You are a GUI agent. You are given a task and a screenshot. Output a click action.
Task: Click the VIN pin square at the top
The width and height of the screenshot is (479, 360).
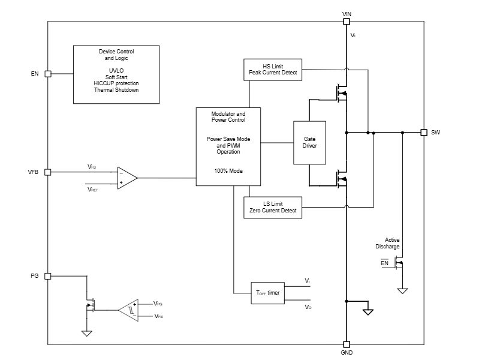click(x=346, y=22)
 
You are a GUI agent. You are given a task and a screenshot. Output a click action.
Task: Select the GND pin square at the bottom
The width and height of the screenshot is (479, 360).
click(x=346, y=344)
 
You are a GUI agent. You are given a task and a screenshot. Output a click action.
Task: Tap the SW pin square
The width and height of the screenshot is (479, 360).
click(x=423, y=132)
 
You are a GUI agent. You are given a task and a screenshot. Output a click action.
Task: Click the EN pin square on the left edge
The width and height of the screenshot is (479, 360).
click(x=48, y=74)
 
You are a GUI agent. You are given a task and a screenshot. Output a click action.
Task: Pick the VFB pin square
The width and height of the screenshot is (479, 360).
click(x=48, y=172)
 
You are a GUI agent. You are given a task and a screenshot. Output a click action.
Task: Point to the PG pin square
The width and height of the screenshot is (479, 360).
click(x=48, y=276)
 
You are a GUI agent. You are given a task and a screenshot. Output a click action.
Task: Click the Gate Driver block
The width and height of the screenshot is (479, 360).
click(x=310, y=143)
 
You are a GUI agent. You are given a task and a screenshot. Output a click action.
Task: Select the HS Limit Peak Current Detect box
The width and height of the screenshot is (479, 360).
click(x=273, y=70)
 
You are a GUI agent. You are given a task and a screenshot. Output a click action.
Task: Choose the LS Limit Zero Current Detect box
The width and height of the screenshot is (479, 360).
click(x=273, y=207)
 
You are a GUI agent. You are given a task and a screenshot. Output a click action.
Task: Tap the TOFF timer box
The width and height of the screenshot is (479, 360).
click(x=268, y=293)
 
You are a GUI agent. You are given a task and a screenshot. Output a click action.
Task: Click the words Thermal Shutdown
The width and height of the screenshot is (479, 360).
click(x=116, y=90)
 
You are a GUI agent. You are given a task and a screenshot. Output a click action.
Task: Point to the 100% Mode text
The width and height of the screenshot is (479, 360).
click(x=228, y=171)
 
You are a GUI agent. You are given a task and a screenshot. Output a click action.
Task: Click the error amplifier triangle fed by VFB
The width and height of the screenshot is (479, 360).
click(x=126, y=178)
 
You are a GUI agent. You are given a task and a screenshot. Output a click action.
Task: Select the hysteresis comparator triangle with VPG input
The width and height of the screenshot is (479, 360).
click(x=128, y=310)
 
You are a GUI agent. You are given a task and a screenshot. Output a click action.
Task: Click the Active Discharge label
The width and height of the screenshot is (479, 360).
click(x=387, y=243)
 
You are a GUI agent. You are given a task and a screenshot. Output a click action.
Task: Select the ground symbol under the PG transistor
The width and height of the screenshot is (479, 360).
click(x=87, y=333)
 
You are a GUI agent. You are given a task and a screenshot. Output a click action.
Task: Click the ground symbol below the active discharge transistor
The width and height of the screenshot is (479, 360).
click(x=403, y=291)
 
